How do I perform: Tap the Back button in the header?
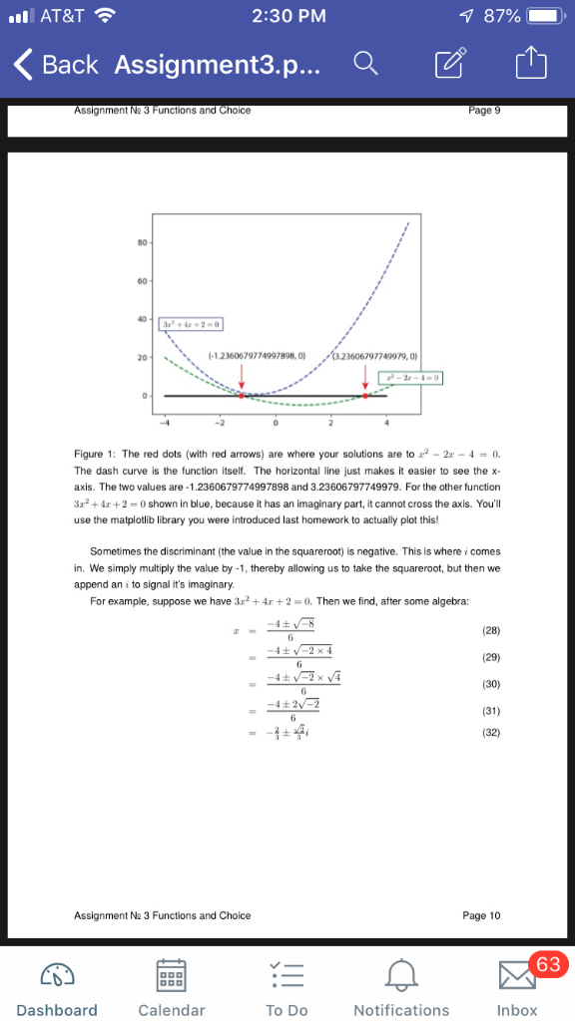[x=56, y=65]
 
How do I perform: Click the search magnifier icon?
[x=365, y=65]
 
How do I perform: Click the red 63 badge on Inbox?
[x=547, y=964]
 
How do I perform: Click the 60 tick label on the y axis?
[x=144, y=279]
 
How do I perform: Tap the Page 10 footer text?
[x=482, y=914]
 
